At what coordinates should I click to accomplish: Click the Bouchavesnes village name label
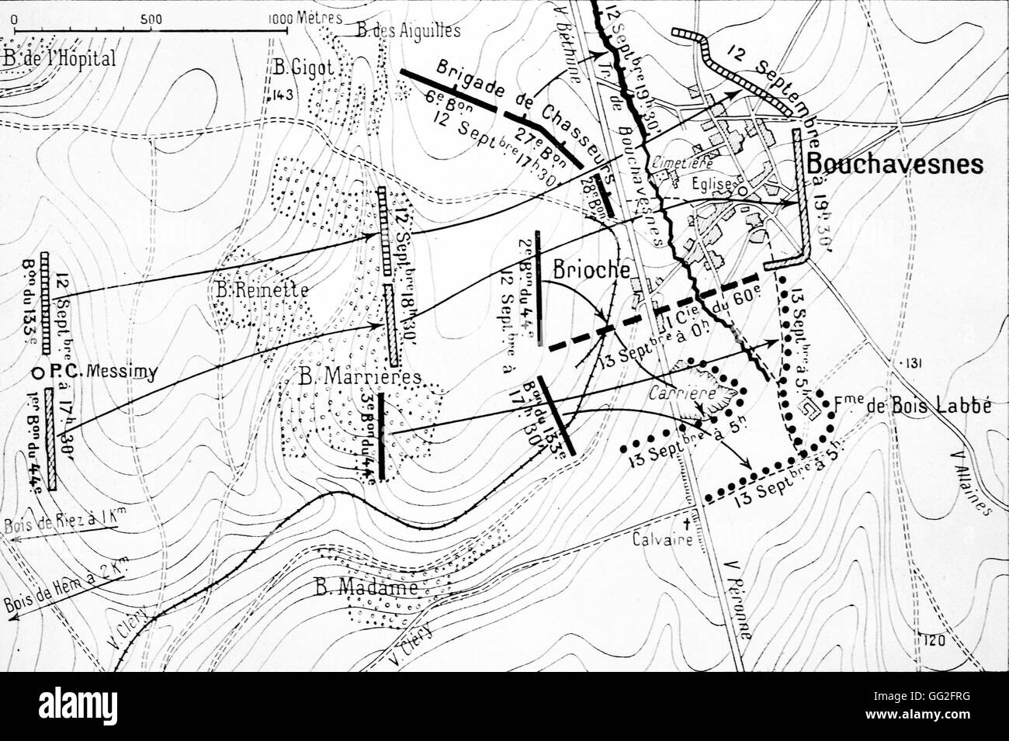coord(895,164)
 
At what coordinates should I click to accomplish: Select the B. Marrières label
coord(360,377)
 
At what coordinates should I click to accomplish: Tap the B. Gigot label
coord(303,68)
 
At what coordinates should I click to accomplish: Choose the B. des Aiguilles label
coord(408,31)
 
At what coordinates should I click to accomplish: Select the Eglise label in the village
coord(713,186)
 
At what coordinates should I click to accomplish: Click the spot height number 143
coord(280,96)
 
